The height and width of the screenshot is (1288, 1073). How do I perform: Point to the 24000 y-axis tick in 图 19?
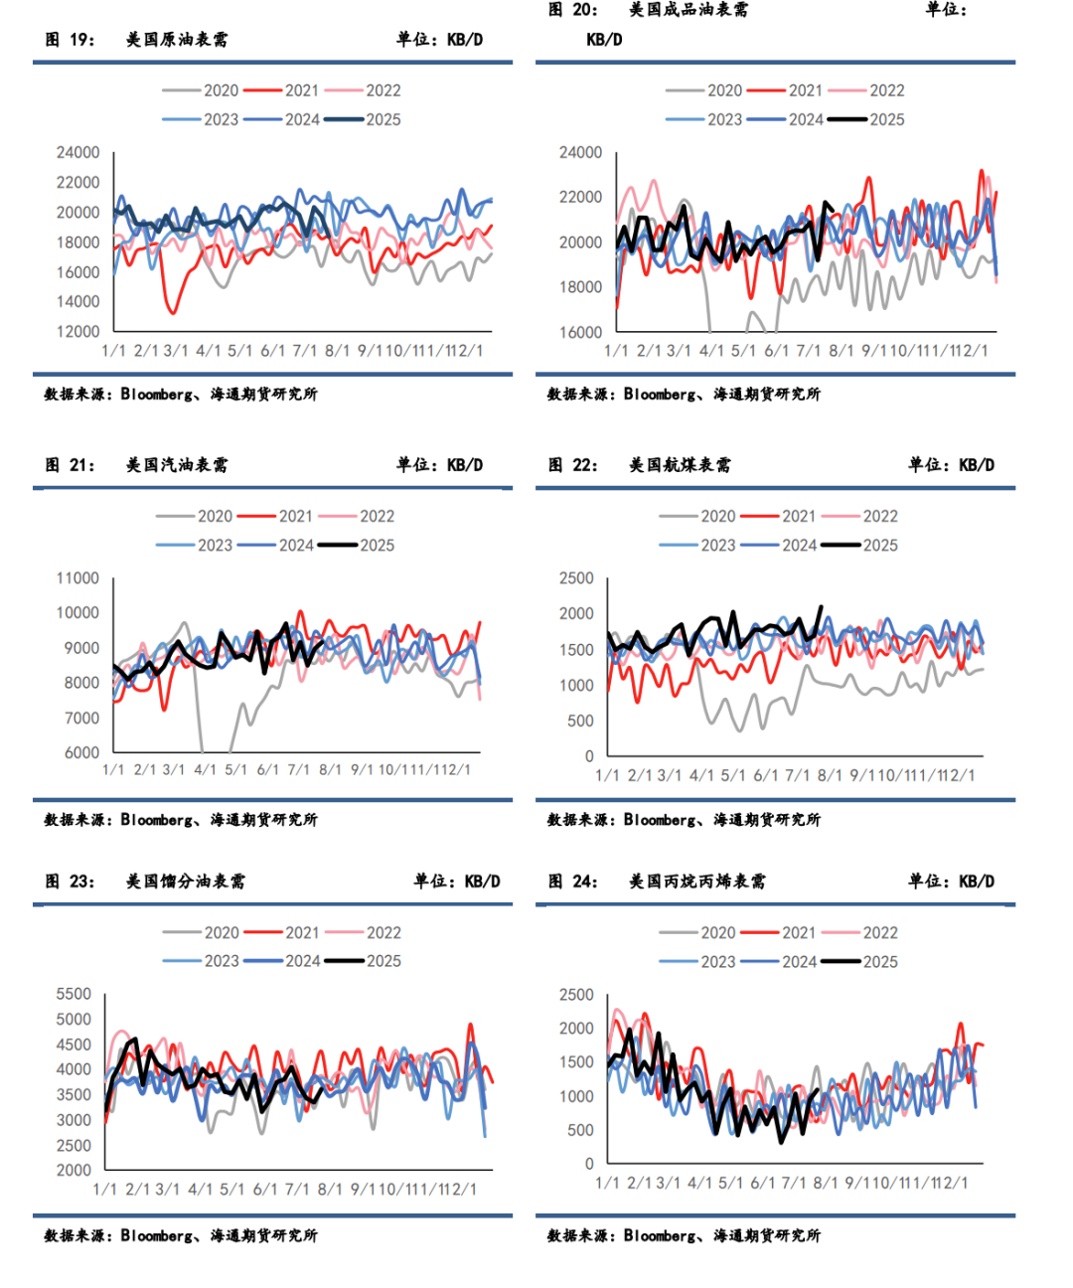[77, 152]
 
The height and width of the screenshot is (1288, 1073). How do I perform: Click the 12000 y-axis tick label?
[77, 331]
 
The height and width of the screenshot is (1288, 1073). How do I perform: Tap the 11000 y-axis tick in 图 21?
[77, 578]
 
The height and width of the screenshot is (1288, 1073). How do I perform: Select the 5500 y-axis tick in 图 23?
[74, 994]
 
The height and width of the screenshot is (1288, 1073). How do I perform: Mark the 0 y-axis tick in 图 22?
[589, 756]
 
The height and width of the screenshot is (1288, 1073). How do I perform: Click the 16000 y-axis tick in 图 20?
[580, 332]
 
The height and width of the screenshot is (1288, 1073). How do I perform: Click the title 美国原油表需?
[177, 40]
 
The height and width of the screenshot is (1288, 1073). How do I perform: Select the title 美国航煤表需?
[680, 465]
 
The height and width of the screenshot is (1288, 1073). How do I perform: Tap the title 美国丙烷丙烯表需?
[697, 882]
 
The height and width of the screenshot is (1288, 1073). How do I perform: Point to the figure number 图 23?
[70, 882]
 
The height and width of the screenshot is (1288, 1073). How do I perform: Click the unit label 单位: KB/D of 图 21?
[439, 465]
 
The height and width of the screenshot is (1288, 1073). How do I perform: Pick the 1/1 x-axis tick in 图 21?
[113, 769]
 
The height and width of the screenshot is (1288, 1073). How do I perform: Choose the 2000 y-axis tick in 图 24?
[576, 1029]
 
